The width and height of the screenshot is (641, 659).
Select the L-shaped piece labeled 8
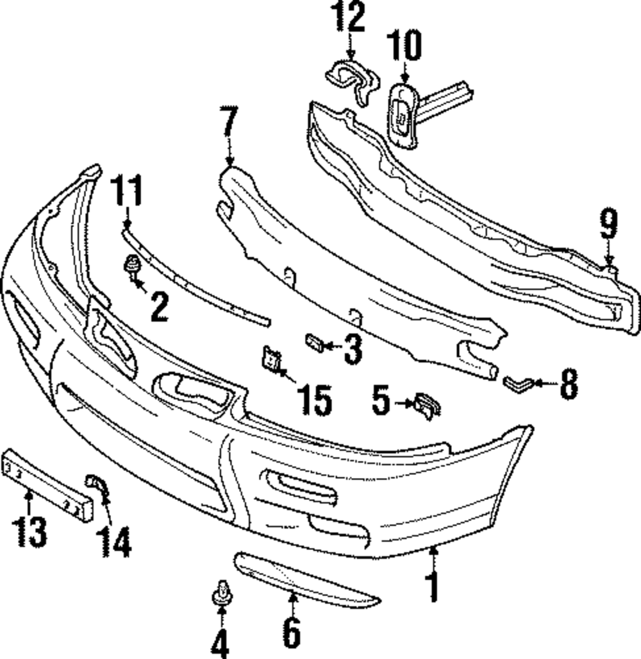coord(514,384)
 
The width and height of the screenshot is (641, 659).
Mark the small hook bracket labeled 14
coord(96,486)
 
